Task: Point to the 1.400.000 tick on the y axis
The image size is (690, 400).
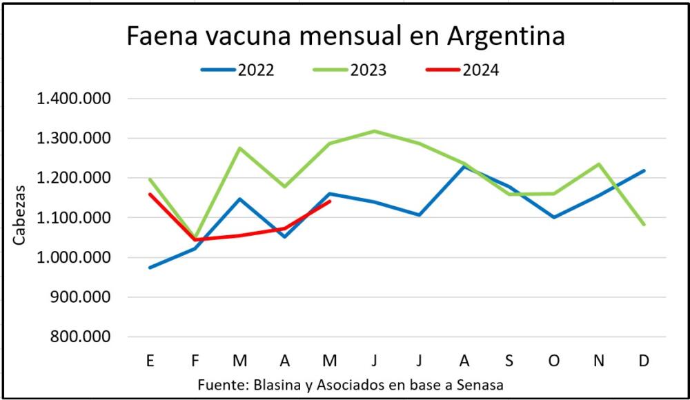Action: point(74,99)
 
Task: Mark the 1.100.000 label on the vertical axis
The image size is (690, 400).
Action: point(74,218)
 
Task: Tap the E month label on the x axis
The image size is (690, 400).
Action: point(150,361)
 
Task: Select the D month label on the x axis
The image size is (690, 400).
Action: point(644,361)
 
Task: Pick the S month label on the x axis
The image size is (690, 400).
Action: point(509,361)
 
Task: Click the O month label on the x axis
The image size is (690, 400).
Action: point(554,361)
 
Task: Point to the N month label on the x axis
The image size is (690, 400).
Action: point(599,361)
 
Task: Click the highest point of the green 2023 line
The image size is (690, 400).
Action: point(374,131)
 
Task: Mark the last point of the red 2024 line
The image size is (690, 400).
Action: point(330,201)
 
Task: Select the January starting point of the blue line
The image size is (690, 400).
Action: point(150,268)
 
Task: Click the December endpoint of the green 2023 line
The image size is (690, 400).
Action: point(644,224)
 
